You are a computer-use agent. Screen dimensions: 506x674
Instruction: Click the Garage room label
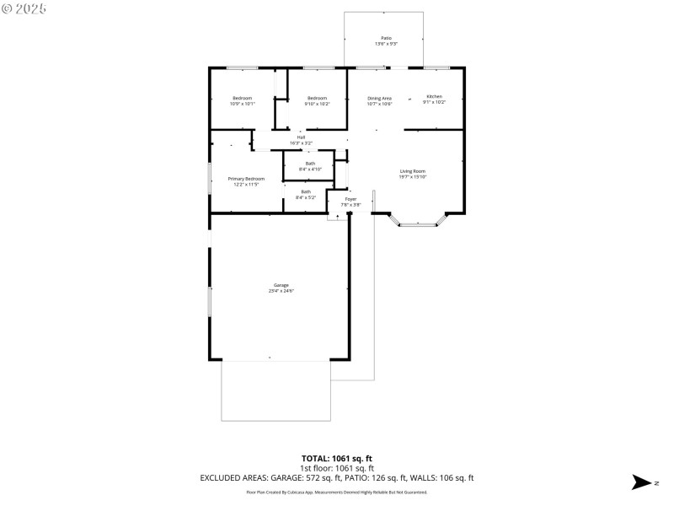click(x=281, y=286)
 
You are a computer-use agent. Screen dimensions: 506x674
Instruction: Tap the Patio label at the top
click(x=386, y=38)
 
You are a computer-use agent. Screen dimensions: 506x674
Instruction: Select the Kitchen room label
click(x=434, y=97)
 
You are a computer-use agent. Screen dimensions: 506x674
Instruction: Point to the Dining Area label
click(x=379, y=100)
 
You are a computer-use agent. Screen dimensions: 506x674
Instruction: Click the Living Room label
click(x=413, y=171)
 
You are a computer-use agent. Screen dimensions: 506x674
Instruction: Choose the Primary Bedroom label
click(x=246, y=179)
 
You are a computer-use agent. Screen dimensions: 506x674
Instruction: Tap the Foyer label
click(x=350, y=199)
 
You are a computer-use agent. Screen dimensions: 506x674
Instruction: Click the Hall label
click(x=301, y=137)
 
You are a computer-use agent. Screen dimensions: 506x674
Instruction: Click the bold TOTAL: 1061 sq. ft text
click(x=336, y=458)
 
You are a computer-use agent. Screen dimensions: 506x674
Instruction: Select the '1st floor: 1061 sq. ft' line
click(x=336, y=468)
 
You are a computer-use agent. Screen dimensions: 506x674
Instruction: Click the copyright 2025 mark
click(x=24, y=8)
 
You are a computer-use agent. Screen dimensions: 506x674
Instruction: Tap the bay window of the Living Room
click(x=419, y=223)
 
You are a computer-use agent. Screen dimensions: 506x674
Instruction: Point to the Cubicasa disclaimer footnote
click(x=336, y=493)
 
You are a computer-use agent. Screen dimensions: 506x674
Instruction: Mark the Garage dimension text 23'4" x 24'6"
click(x=281, y=291)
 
